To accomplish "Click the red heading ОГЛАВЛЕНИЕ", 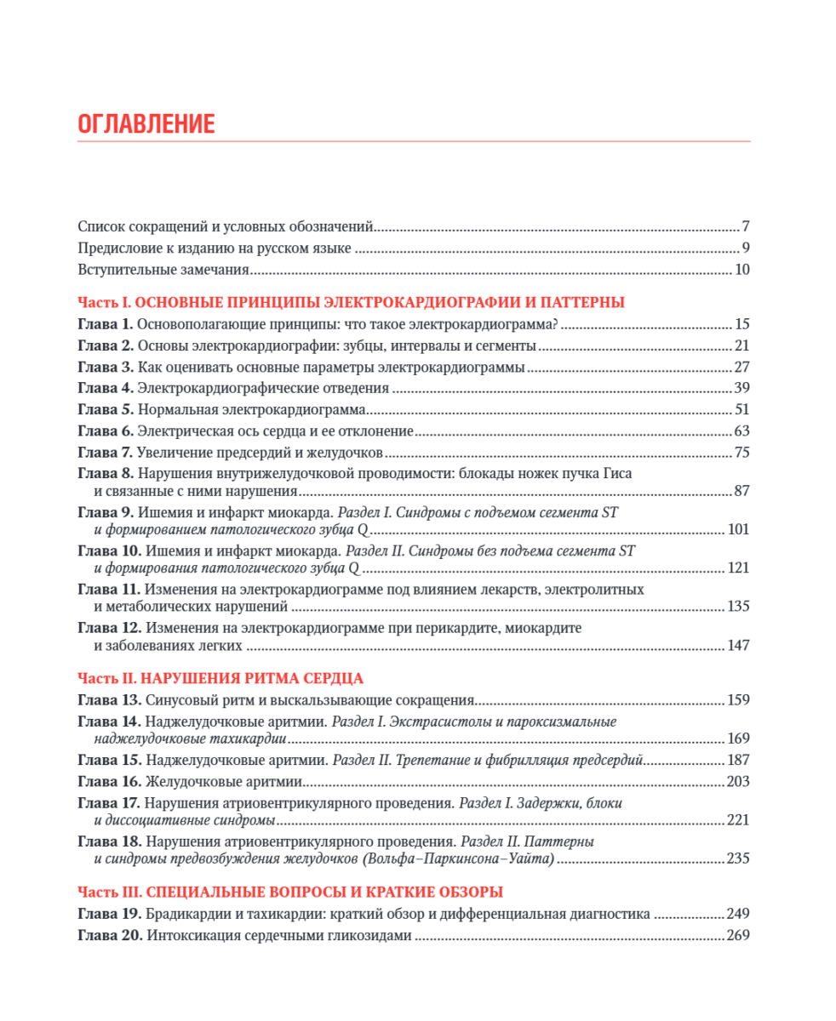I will (x=146, y=124).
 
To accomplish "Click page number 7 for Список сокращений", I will (x=745, y=227).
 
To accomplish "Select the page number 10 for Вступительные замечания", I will (x=742, y=271).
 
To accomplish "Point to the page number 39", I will (x=742, y=388).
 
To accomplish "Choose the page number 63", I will (x=742, y=431).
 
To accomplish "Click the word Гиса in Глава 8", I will (x=615, y=474).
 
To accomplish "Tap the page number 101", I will (x=738, y=529).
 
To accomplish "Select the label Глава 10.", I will (x=109, y=551).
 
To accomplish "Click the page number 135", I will (x=738, y=607).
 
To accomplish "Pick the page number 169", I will (x=738, y=739).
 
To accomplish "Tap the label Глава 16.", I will (x=109, y=781).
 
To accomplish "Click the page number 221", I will (x=738, y=820).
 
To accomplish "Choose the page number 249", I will (x=738, y=915).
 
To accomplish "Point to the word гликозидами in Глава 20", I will (x=370, y=936).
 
